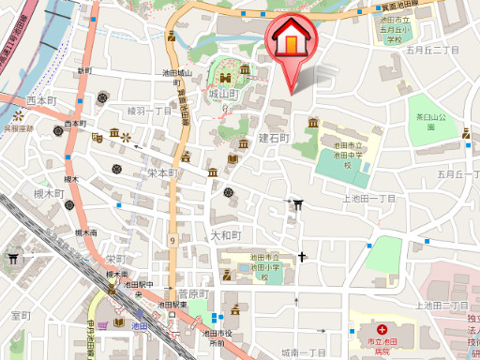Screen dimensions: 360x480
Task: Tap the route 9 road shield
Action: tap(173, 241)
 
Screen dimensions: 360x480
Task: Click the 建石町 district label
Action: tap(275, 138)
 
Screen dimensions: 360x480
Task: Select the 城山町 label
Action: tap(225, 95)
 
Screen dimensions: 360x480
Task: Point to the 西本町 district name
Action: tap(42, 100)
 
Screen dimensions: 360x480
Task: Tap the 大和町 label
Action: tap(226, 235)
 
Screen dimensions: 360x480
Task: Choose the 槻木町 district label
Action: tap(48, 194)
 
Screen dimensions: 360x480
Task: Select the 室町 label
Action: tap(21, 315)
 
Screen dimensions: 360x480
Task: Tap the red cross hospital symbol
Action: tap(382, 329)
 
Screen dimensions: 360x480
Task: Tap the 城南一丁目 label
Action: tap(302, 352)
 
